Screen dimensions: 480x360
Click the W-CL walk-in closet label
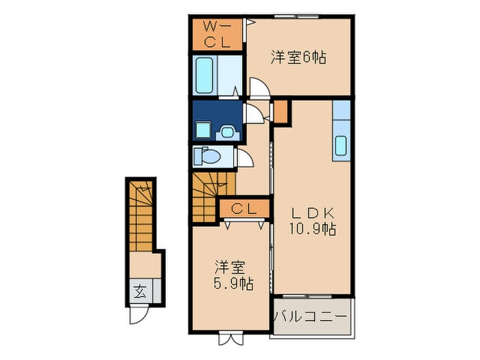point(217,34)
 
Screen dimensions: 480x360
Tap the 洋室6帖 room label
point(298,57)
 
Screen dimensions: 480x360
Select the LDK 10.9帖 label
point(313,221)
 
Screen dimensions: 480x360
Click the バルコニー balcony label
point(311,315)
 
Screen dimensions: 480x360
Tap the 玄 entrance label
point(140,291)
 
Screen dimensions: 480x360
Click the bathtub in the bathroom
point(204,75)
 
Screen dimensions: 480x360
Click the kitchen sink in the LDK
point(341,145)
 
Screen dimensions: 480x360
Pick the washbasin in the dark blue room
point(228,133)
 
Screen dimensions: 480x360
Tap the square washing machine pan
point(203,130)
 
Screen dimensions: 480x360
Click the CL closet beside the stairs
point(244,208)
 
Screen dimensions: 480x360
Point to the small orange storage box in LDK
point(280,111)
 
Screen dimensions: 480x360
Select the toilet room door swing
point(244,158)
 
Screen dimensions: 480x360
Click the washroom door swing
point(254,113)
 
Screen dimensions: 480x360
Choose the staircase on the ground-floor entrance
point(141,217)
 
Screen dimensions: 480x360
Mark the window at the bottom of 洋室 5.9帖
point(230,337)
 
